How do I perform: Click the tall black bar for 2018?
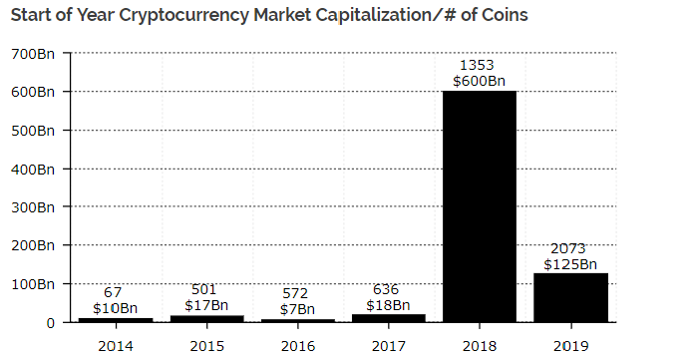[x=479, y=206]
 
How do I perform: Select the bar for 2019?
[x=570, y=297]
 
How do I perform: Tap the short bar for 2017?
[x=387, y=318]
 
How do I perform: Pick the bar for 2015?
[x=205, y=318]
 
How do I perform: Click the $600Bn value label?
[x=479, y=82]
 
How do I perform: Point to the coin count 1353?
[x=479, y=66]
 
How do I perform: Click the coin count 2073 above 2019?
[x=570, y=248]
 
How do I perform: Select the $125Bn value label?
[x=570, y=264]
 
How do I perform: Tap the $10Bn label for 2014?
[x=115, y=307]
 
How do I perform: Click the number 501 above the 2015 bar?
[x=205, y=289]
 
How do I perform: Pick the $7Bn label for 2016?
[x=296, y=309]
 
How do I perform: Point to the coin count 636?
[x=387, y=289]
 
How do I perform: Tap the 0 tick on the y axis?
[x=49, y=323]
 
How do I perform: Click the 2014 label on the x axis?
[x=115, y=344]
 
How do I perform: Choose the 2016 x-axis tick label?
[x=296, y=344]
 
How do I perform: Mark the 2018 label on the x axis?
[x=479, y=344]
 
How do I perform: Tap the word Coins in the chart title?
[x=502, y=16]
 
